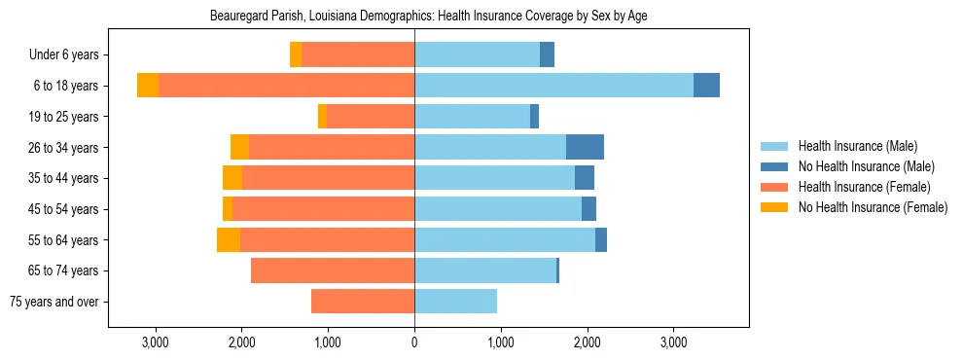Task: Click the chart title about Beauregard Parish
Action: (x=429, y=17)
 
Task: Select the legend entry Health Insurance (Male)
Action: (x=857, y=146)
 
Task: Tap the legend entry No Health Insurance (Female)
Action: (x=872, y=207)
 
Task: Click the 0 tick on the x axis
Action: (x=414, y=342)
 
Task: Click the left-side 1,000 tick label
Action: (x=328, y=342)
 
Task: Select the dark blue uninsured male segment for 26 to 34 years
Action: (x=585, y=147)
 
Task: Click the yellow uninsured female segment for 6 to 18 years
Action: (x=148, y=86)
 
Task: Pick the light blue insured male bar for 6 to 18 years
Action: (x=553, y=86)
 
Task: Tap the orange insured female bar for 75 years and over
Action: (x=363, y=302)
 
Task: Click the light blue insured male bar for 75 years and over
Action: (x=455, y=302)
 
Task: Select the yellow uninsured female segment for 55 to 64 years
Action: (x=229, y=240)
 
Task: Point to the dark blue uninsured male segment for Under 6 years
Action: (x=547, y=55)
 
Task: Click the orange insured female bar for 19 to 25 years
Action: (x=371, y=117)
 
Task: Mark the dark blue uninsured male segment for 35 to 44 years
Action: (x=585, y=178)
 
